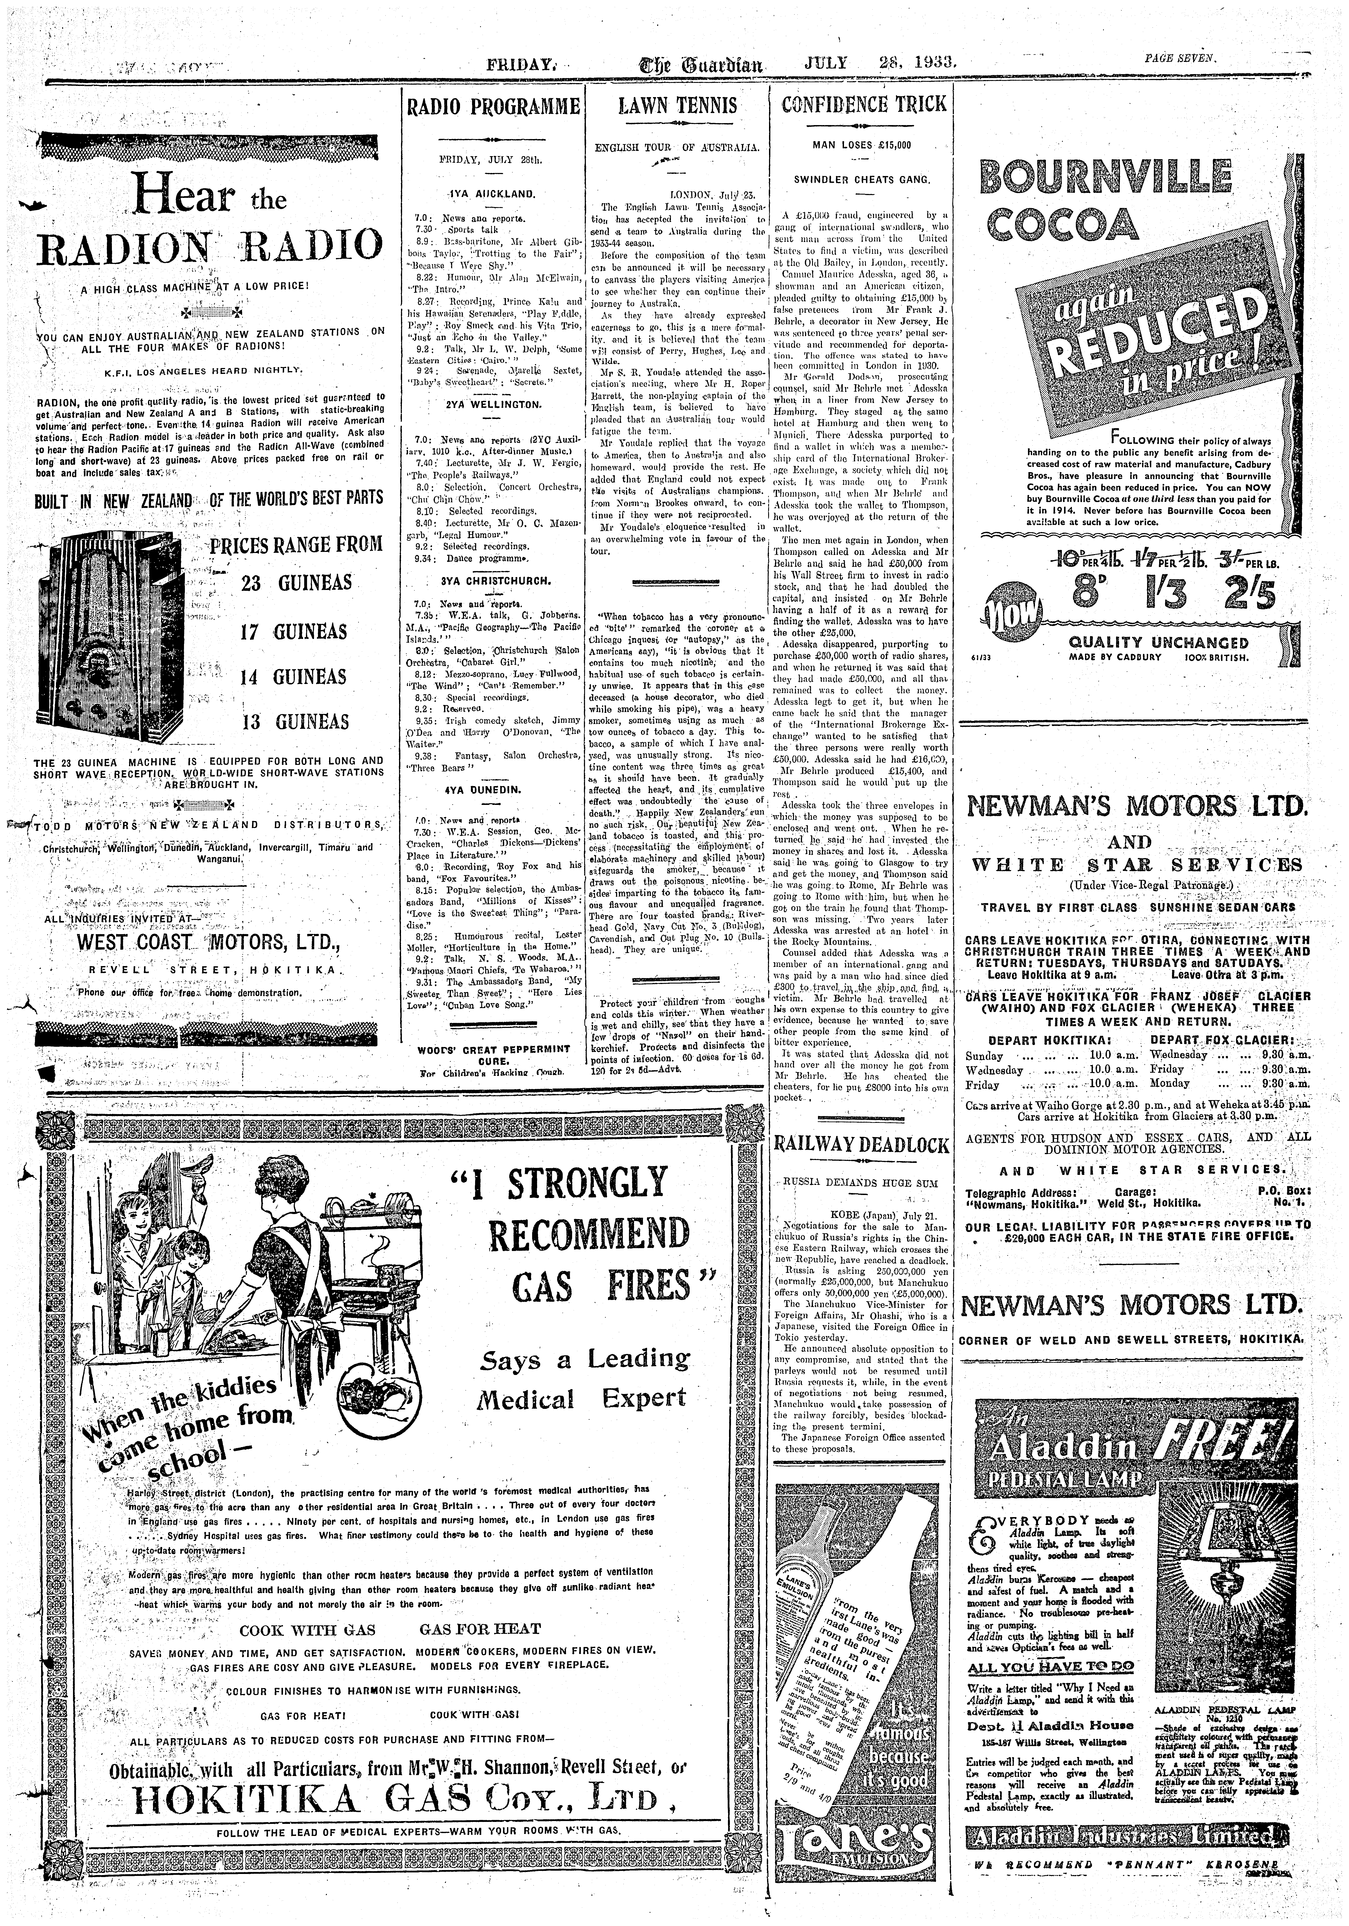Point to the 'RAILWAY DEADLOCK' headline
pyautogui.click(x=862, y=1145)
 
